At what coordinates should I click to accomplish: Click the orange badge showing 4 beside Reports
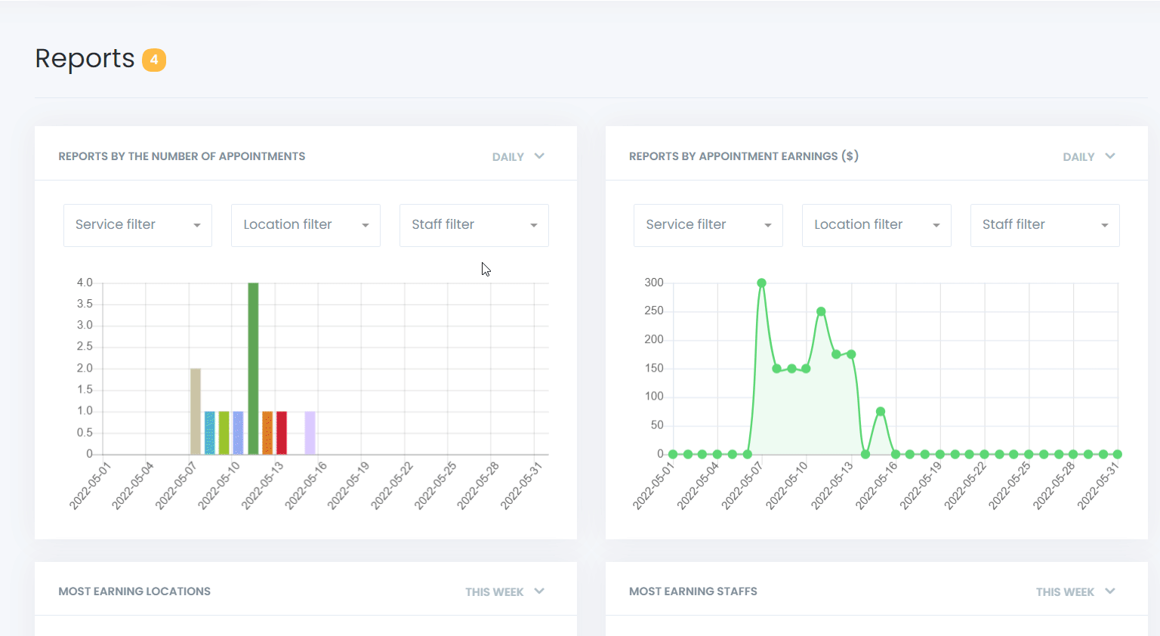(154, 60)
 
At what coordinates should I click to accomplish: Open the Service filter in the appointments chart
(137, 225)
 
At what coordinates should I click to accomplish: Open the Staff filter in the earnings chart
(1044, 225)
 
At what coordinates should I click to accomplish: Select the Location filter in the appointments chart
(305, 225)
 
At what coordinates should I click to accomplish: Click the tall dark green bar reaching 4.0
(253, 369)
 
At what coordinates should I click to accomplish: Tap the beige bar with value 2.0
(196, 412)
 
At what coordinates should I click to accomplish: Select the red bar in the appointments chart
(282, 433)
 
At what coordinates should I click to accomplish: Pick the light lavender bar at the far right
(310, 433)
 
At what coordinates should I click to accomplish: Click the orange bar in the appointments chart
(267, 433)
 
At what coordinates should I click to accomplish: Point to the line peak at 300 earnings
(761, 283)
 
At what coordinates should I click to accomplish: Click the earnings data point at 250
(821, 311)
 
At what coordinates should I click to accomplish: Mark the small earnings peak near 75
(881, 412)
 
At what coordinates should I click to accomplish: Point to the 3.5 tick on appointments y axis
(85, 304)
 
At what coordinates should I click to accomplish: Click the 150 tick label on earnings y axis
(654, 368)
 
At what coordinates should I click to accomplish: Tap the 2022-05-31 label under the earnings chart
(1099, 486)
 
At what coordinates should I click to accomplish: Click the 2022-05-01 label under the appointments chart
(90, 486)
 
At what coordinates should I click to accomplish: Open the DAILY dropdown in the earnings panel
(1088, 156)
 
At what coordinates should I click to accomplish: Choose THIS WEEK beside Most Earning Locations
(504, 591)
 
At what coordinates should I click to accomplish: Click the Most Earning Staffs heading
(693, 591)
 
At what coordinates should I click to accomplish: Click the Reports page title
(85, 59)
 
